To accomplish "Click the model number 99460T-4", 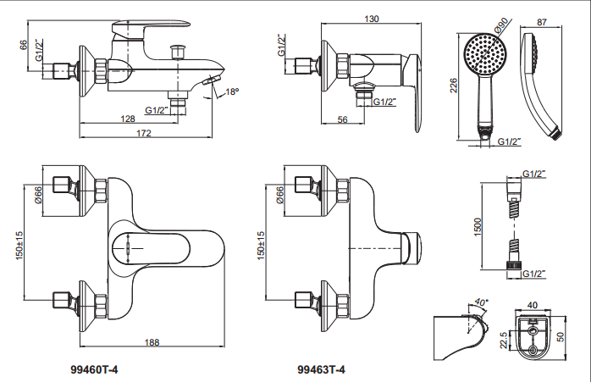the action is (x=94, y=369).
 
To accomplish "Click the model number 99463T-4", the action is (x=321, y=369).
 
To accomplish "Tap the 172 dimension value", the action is (x=144, y=133).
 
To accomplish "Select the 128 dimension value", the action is (x=127, y=119).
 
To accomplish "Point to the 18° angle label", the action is (x=232, y=91).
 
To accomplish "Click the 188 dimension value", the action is (x=152, y=342).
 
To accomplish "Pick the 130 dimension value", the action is (x=372, y=19).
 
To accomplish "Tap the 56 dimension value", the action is (x=342, y=119).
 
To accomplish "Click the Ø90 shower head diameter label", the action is (x=501, y=25).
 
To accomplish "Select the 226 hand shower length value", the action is (x=454, y=86).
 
